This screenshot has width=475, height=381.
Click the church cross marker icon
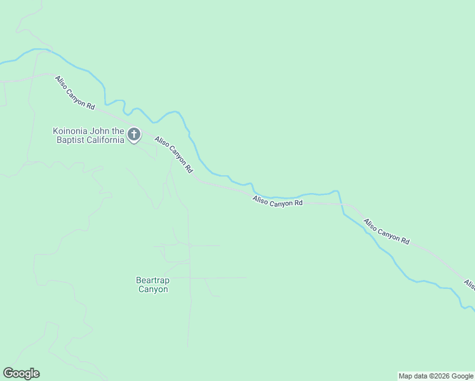(x=134, y=135)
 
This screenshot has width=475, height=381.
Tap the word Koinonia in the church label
(x=69, y=131)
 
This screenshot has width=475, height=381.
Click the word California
(x=105, y=140)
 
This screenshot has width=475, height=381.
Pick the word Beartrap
(x=153, y=279)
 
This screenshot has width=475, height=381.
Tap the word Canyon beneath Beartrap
(x=153, y=290)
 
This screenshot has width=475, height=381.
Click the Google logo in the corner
(x=21, y=373)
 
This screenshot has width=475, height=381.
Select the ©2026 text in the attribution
(x=434, y=376)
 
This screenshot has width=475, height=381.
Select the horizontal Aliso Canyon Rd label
(x=278, y=202)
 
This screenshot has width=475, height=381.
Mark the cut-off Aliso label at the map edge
(x=469, y=284)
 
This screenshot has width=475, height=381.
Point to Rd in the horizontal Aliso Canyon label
(x=298, y=204)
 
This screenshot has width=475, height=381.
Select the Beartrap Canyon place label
(x=153, y=284)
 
